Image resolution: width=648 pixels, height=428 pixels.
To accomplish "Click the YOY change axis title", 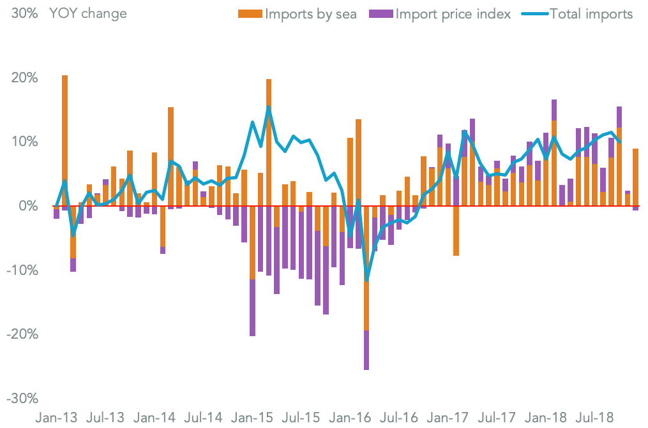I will pyautogui.click(x=87, y=13).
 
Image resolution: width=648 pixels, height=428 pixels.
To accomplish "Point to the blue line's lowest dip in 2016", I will pyautogui.click(x=366, y=279).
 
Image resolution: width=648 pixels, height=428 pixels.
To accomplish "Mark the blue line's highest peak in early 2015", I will pyautogui.click(x=269, y=107).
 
